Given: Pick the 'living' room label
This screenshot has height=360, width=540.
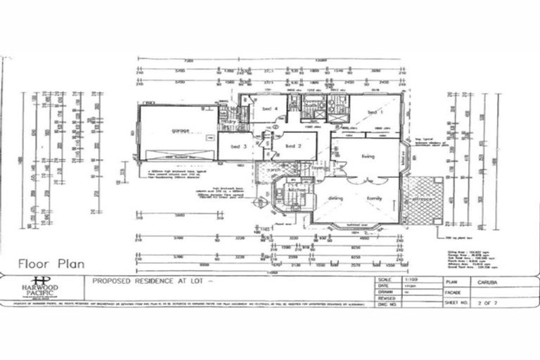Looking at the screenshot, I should click(368, 156).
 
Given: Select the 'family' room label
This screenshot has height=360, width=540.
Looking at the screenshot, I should click(373, 199).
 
